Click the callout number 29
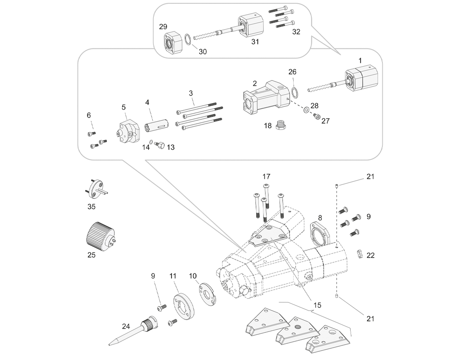click(163, 27)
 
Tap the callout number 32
click(296, 32)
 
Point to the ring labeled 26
click(295, 93)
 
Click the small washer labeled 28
click(306, 109)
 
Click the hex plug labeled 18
click(282, 125)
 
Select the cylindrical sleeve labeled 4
click(157, 126)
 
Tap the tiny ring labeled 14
click(151, 142)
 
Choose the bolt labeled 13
click(159, 145)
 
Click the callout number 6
click(89, 115)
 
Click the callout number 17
click(266, 177)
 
